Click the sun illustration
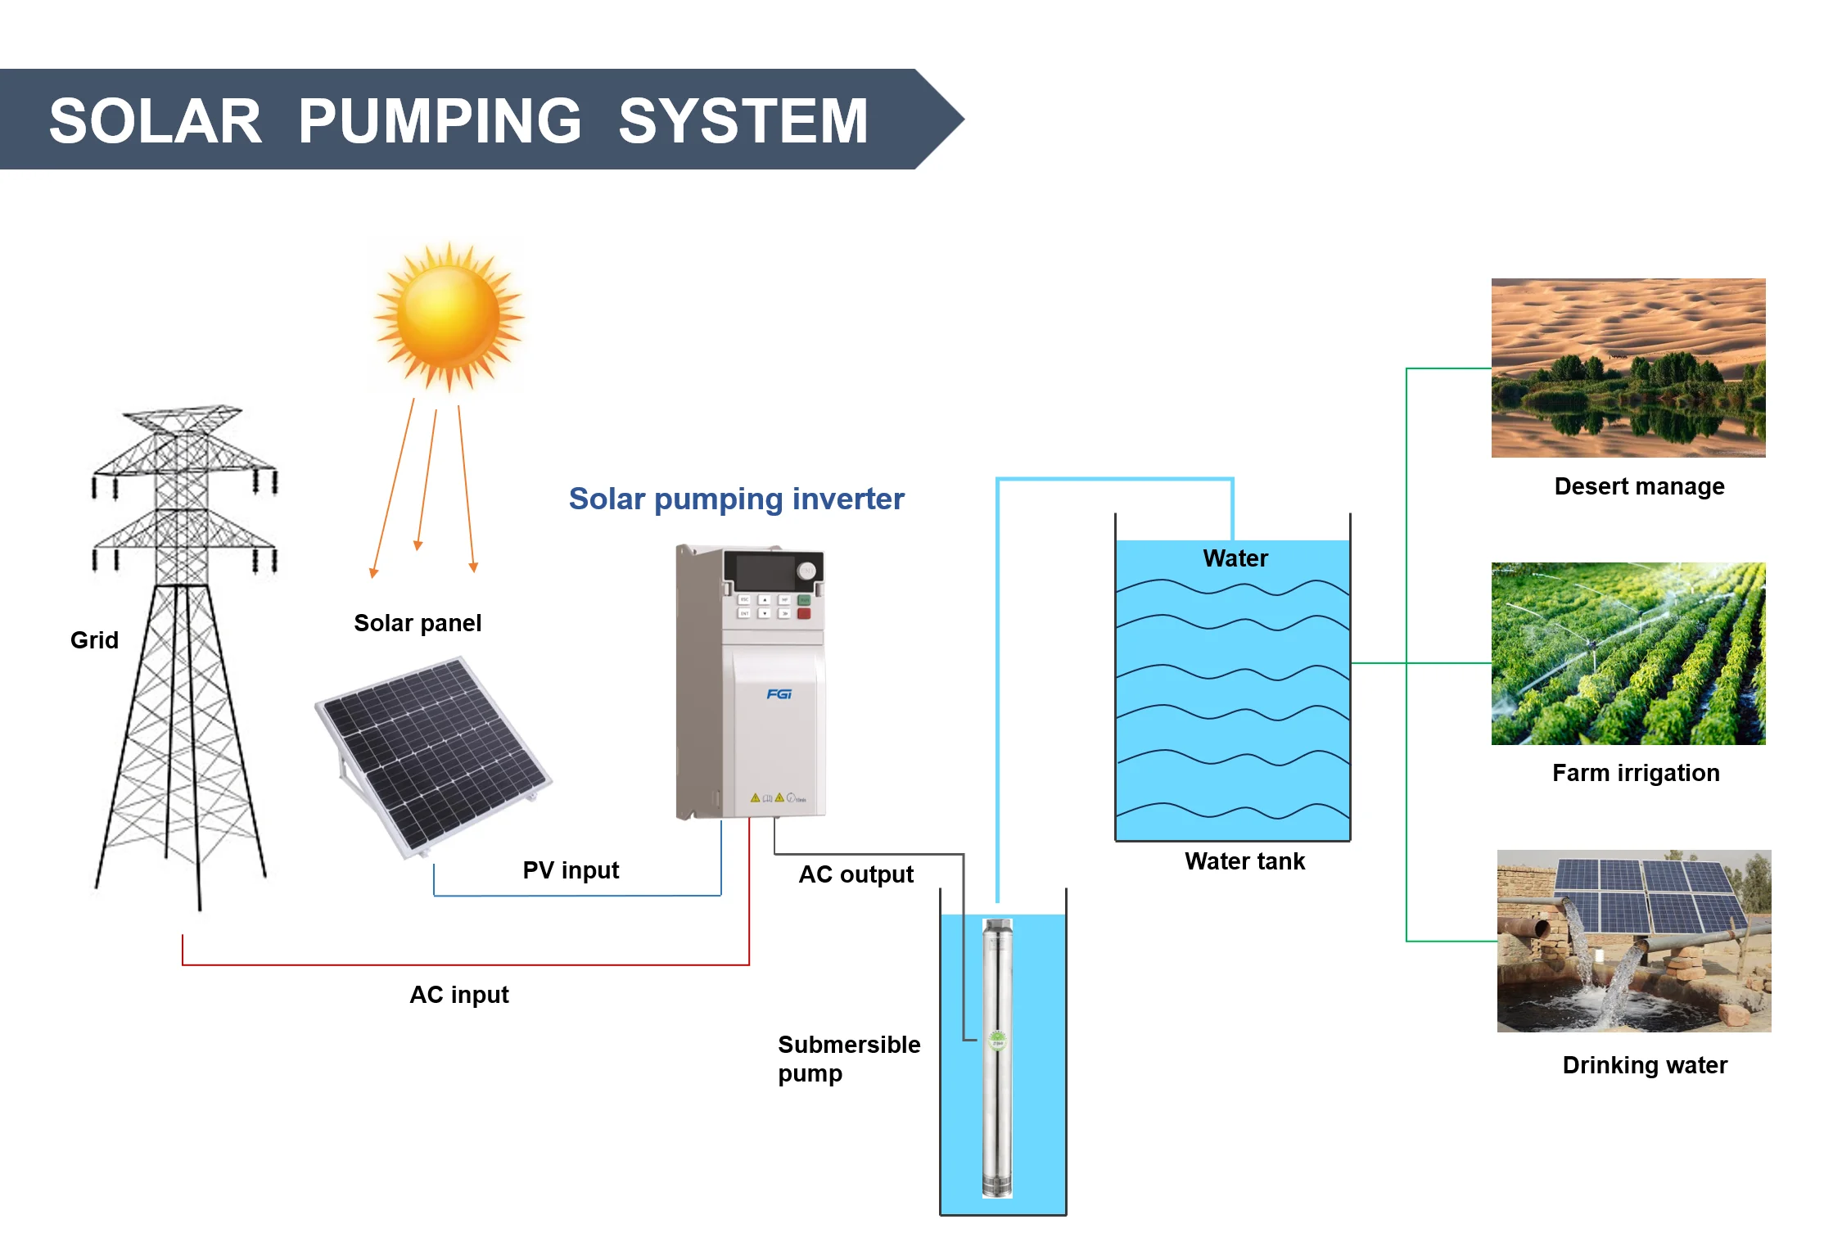449,315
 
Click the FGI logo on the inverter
779,694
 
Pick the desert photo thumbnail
1628,368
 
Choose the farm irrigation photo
1628,653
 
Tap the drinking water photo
1633,941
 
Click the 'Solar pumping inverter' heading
736,499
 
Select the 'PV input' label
571,869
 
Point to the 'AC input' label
458,994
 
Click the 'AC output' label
856,874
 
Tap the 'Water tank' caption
1244,860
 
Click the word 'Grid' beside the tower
94,639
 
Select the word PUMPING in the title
440,120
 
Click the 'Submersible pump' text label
848,1058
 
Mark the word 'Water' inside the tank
1235,558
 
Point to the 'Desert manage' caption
1639,486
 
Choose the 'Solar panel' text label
418,623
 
